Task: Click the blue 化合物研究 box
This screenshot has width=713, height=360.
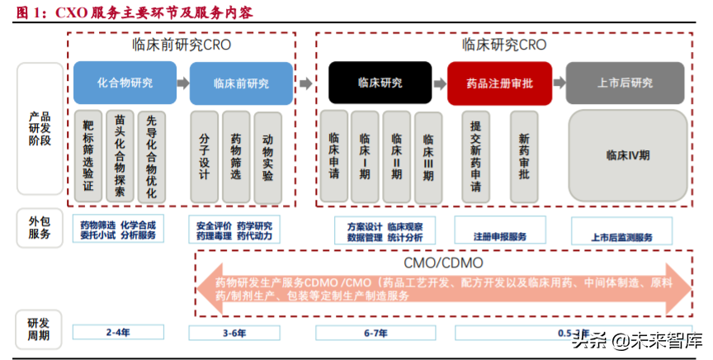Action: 125,83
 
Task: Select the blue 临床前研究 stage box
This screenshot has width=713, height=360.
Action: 241,83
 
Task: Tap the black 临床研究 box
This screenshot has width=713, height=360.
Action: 380,83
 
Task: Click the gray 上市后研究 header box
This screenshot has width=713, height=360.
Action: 625,83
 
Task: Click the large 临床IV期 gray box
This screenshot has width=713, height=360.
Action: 628,154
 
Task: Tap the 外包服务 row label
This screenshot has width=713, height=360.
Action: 40,227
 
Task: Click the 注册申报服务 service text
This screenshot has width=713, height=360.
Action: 499,236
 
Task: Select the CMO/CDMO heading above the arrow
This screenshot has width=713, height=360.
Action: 443,263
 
